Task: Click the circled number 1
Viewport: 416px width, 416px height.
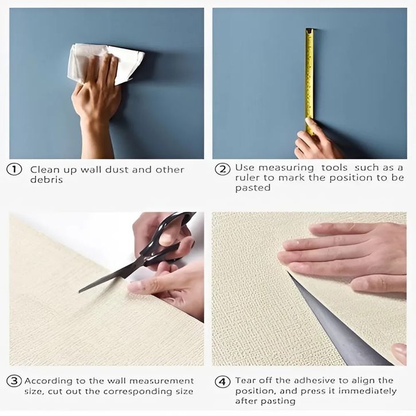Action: [14, 170]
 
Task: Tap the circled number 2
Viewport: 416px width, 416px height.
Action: [222, 169]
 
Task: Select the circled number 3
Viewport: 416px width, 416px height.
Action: [14, 381]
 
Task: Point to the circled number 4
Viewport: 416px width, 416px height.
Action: [222, 382]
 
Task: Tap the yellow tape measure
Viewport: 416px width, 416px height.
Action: [309, 80]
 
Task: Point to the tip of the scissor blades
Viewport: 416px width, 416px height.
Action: [79, 292]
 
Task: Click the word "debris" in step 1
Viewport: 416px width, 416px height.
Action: [46, 180]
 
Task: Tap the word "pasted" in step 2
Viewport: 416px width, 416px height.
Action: [253, 188]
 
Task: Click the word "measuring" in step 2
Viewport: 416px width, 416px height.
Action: [286, 168]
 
